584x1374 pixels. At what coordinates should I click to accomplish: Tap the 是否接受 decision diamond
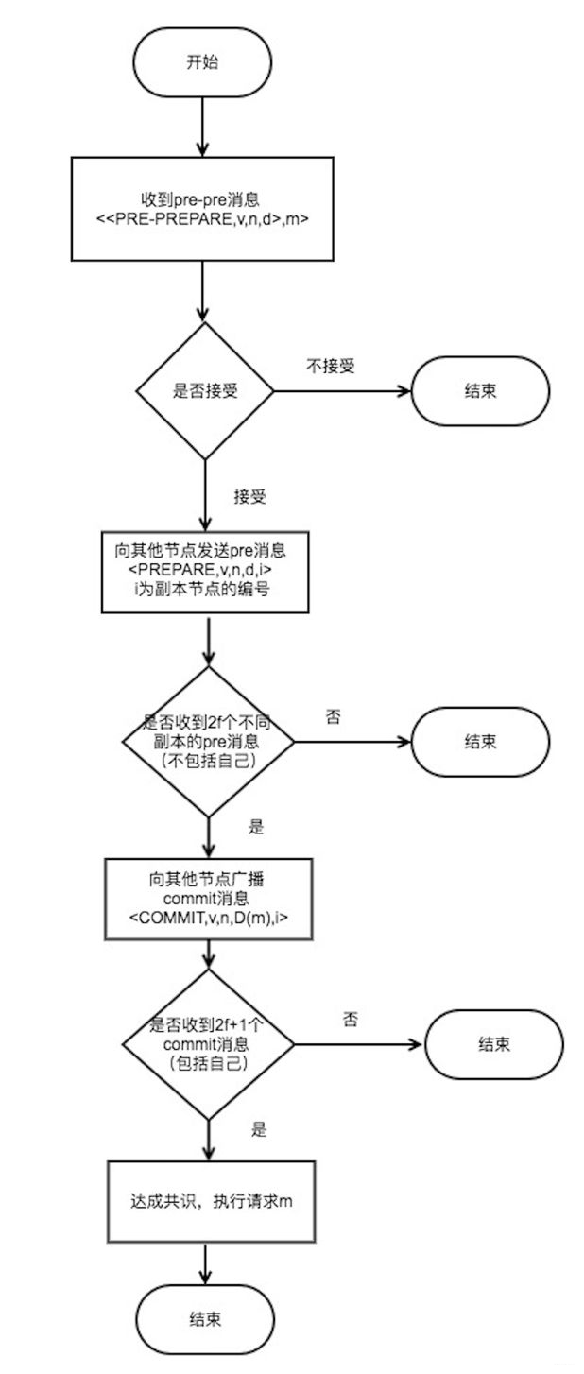click(x=205, y=390)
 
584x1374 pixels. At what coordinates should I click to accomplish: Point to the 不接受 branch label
click(x=330, y=366)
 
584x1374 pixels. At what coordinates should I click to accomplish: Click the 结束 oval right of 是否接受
click(x=479, y=390)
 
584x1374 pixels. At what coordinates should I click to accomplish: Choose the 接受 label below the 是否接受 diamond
click(x=249, y=496)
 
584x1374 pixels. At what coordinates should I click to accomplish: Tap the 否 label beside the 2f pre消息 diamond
click(x=333, y=717)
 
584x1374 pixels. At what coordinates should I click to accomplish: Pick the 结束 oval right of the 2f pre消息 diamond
click(x=479, y=740)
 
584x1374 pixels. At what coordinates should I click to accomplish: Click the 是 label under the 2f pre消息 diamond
click(x=255, y=827)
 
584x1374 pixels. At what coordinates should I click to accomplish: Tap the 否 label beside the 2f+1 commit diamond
click(x=350, y=1020)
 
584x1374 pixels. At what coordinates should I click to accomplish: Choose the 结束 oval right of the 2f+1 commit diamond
click(x=494, y=1045)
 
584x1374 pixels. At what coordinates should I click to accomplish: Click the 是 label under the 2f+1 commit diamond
click(x=259, y=1129)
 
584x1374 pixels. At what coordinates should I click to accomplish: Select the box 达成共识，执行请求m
click(x=205, y=1201)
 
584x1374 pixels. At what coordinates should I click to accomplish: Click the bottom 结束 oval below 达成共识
click(x=205, y=1319)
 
